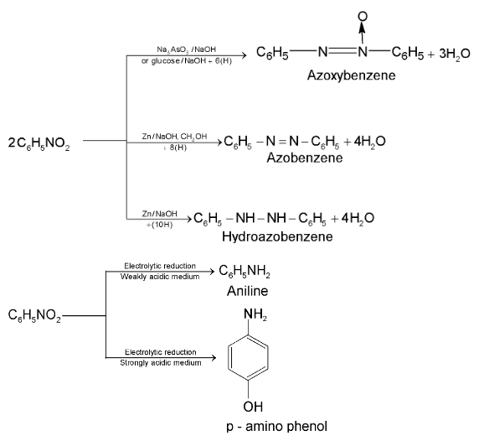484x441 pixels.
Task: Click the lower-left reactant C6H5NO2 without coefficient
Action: [x=34, y=316]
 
